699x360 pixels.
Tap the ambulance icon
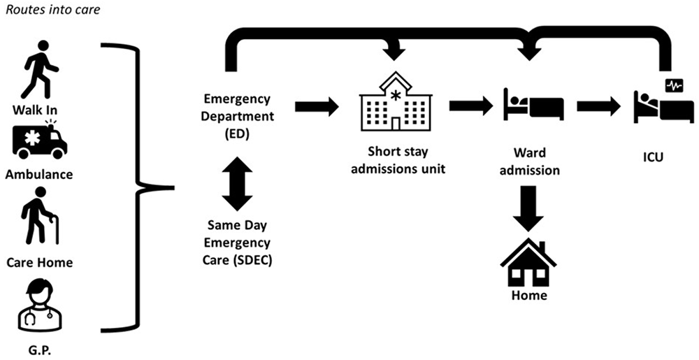tap(39, 140)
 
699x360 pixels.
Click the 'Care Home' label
tap(39, 263)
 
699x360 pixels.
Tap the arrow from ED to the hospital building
tap(316, 107)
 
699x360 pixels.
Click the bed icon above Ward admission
tap(533, 105)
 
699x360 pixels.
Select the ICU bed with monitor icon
tap(663, 102)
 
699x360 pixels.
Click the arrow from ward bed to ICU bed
tap(598, 107)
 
